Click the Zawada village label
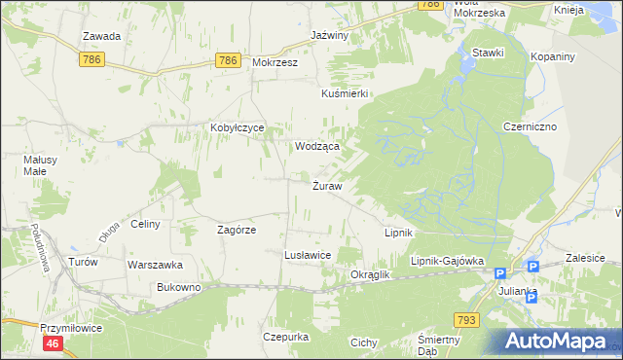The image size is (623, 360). tap(101, 37)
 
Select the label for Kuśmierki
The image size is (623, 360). tap(344, 94)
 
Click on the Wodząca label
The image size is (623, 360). tap(317, 146)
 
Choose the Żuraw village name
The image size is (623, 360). tap(326, 186)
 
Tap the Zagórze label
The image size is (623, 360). tap(236, 230)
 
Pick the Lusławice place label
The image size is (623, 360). tap(307, 254)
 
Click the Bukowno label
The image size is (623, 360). tap(178, 288)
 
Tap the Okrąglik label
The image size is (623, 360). tap(370, 275)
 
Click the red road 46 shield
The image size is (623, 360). tap(53, 343)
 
